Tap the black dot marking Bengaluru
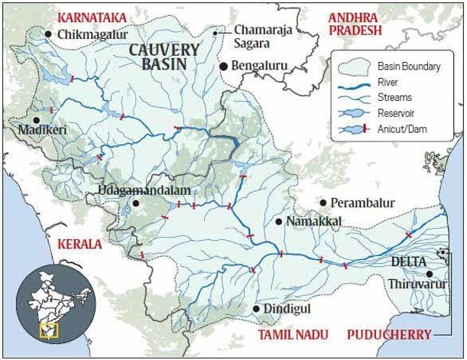click(224, 66)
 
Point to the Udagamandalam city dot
click(135, 203)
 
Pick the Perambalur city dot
click(323, 203)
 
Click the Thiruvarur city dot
click(430, 274)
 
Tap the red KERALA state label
click(79, 245)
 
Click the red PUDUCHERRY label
click(388, 335)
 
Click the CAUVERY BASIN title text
click(164, 57)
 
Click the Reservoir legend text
click(397, 113)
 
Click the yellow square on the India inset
click(48, 330)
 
